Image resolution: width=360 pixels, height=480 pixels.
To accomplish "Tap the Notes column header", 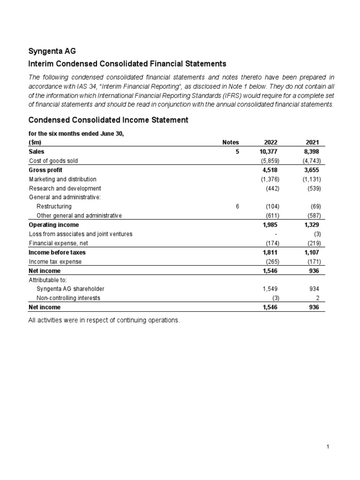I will coord(231,142).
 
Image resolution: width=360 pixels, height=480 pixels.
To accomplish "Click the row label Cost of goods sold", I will coord(53,161).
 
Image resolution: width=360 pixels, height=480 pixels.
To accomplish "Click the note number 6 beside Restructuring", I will coord(238,207).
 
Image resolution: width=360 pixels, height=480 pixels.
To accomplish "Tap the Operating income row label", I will coord(54,225).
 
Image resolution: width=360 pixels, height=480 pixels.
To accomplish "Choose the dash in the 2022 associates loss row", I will coord(278,234).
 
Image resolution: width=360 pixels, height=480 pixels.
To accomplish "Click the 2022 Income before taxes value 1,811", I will coord(271,252).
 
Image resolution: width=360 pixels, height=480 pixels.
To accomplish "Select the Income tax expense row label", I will coord(55,262).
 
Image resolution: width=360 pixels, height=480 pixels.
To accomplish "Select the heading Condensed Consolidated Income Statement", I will coord(108,120).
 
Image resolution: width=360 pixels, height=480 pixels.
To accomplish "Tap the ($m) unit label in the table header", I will coord(36,142).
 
